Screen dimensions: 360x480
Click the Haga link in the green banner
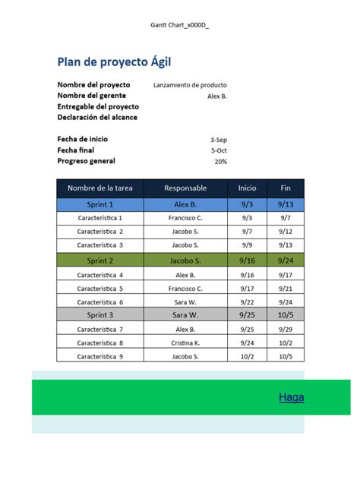tap(291, 396)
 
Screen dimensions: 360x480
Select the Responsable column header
tap(185, 188)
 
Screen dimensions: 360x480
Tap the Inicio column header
tap(248, 188)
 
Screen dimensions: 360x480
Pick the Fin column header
tap(286, 188)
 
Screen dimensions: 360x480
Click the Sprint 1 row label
tap(100, 204)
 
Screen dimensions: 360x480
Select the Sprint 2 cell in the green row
tap(100, 260)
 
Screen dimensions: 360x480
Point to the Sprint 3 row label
tap(100, 314)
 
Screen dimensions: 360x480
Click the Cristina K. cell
tap(185, 343)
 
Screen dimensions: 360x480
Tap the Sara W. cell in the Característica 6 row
tap(185, 302)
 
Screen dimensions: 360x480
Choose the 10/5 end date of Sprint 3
tap(286, 314)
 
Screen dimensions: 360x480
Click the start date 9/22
tap(248, 302)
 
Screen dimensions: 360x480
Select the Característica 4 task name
tap(100, 274)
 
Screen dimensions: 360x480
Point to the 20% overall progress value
tap(220, 161)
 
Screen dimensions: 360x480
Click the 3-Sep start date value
tap(218, 140)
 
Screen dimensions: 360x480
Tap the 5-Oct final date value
tap(219, 150)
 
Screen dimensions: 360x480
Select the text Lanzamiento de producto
tap(190, 85)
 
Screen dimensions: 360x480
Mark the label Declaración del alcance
tap(97, 117)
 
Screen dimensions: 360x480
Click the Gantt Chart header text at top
tap(180, 26)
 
